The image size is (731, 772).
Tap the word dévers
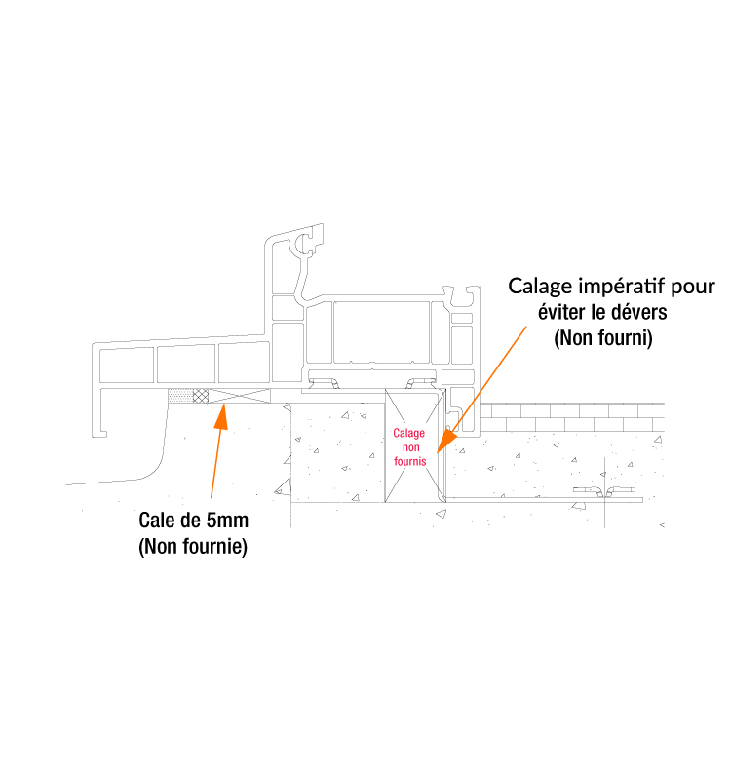pos(641,313)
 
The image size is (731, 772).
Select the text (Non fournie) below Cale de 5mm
pos(193,546)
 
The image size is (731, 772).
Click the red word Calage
pos(409,433)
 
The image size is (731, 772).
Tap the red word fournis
pos(410,460)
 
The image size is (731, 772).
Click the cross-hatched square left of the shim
pos(201,396)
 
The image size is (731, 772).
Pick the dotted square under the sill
pos(180,396)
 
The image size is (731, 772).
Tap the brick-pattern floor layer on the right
pos(575,417)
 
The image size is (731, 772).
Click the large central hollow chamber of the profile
pos(382,331)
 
